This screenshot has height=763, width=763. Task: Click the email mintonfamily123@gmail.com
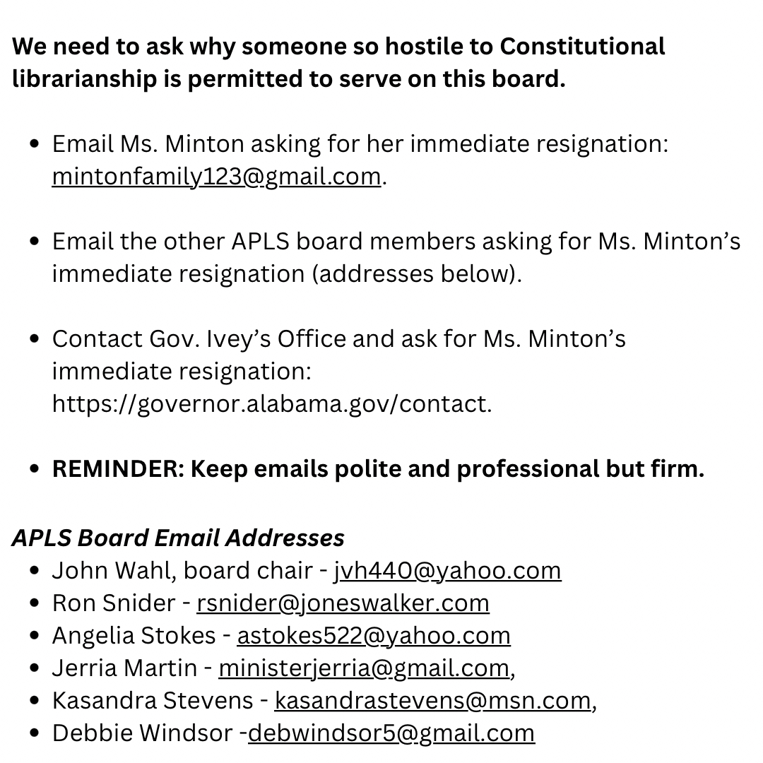pyautogui.click(x=216, y=176)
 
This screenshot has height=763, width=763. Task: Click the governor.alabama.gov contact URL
pyautogui.click(x=271, y=404)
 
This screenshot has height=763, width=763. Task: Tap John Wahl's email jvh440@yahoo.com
pyautogui.click(x=447, y=570)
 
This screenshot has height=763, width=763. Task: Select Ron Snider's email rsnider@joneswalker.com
pyautogui.click(x=343, y=603)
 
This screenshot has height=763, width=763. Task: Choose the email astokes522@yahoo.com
pyautogui.click(x=373, y=635)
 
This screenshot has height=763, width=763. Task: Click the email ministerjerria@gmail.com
pyautogui.click(x=363, y=668)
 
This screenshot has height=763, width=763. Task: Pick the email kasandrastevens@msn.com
pyautogui.click(x=432, y=700)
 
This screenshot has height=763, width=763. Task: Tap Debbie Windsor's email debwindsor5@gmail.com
pyautogui.click(x=391, y=733)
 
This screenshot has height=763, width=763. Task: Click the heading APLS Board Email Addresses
pyautogui.click(x=178, y=538)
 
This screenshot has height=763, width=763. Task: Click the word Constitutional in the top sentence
pyautogui.click(x=582, y=47)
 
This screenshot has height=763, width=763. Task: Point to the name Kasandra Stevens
pyautogui.click(x=152, y=700)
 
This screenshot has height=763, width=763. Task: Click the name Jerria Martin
pyautogui.click(x=124, y=668)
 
